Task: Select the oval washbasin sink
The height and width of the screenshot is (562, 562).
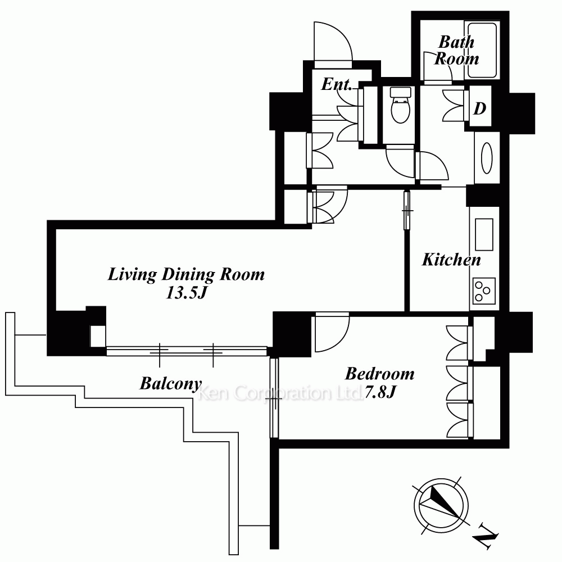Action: [487, 158]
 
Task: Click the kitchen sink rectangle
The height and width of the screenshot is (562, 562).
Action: [484, 234]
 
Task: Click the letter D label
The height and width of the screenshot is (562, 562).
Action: [479, 108]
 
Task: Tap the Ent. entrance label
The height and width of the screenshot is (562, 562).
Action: [336, 84]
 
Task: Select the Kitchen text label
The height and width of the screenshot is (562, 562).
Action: [451, 260]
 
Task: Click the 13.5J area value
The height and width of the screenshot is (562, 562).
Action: [187, 293]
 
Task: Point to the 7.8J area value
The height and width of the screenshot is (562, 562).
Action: [380, 392]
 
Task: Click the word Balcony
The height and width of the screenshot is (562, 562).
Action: [171, 383]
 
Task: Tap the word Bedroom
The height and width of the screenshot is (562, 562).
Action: [380, 374]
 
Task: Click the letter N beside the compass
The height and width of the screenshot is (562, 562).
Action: [486, 537]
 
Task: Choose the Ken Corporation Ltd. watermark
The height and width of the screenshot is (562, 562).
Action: [280, 393]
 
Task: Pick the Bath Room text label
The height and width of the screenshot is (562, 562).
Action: [456, 51]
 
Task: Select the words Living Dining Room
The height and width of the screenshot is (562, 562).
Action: [187, 275]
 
